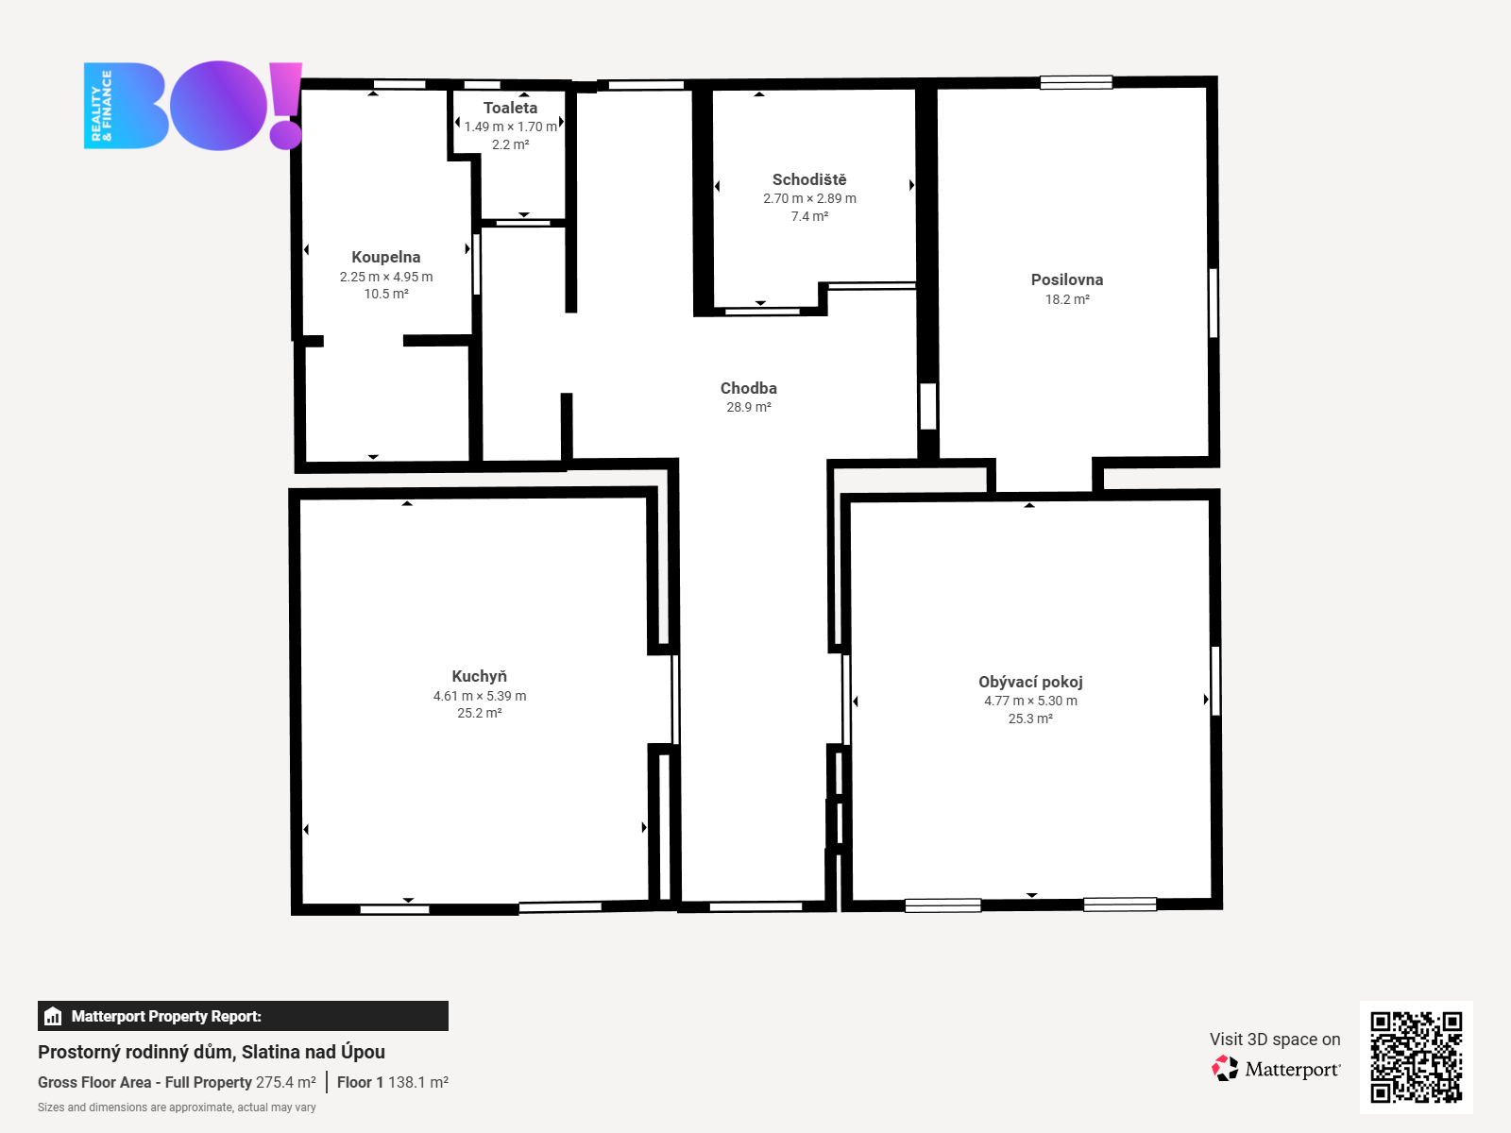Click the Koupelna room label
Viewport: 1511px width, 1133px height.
pos(385,257)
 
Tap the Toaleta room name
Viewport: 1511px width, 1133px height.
pos(510,108)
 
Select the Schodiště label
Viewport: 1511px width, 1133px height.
pos(809,179)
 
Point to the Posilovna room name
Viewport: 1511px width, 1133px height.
pos(1067,280)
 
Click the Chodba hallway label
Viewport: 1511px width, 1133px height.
pos(749,388)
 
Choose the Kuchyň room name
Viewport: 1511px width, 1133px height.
pos(479,676)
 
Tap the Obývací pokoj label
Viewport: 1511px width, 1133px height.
pos(1030,682)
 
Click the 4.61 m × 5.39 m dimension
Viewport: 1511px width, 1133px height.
pos(480,696)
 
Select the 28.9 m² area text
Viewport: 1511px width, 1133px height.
pos(749,407)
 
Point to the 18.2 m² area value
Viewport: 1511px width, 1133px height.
pos(1067,299)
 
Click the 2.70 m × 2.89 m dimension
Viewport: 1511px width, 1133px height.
pos(809,199)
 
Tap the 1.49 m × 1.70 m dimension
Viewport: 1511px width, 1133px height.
pos(510,127)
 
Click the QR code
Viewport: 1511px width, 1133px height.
pos(1416,1057)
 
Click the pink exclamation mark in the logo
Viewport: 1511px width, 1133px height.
pos(285,105)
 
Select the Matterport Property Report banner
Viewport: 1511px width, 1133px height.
pos(243,1016)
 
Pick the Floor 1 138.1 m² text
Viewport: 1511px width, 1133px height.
pos(392,1082)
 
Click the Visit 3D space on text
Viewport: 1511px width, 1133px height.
pos(1275,1040)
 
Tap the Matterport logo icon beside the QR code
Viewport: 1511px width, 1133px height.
pos(1225,1069)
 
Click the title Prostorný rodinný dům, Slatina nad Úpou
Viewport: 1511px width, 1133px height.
pos(212,1052)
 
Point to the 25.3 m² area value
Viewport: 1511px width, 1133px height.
pos(1030,719)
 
